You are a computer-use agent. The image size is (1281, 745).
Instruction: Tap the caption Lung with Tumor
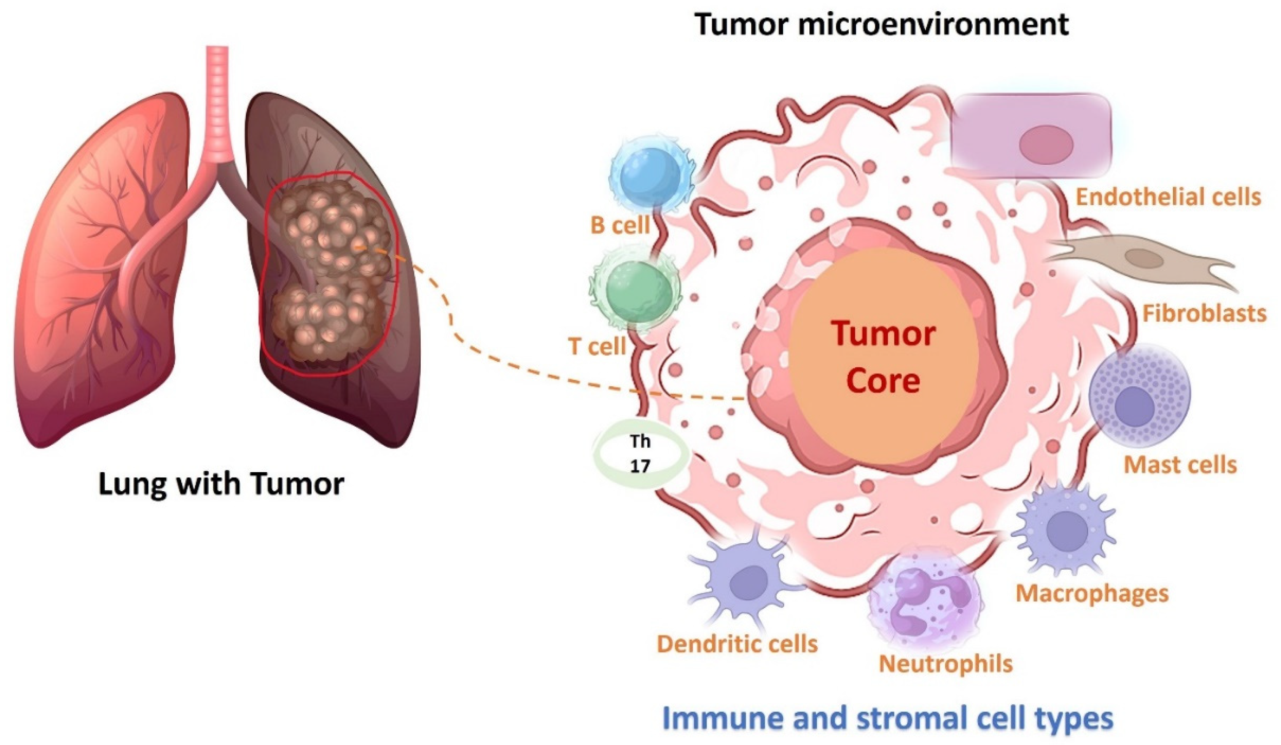221,483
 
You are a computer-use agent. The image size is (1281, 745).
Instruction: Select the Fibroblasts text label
1204,314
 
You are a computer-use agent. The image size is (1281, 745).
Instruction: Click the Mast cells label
1179,465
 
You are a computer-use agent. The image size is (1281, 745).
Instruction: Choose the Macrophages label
1092,593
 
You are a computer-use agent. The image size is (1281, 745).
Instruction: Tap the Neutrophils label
945,663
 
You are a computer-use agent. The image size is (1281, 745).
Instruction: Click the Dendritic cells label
737,644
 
